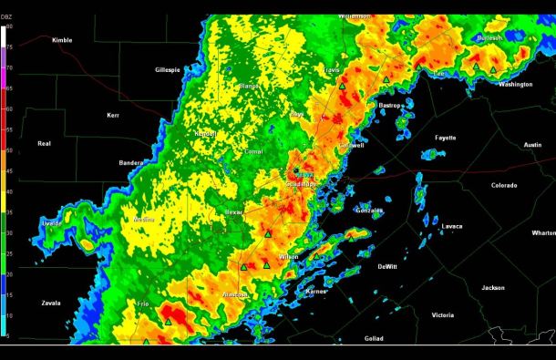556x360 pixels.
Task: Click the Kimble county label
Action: click(62, 40)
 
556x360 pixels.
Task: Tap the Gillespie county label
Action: click(168, 69)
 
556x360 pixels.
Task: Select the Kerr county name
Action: click(113, 116)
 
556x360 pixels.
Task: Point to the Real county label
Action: click(44, 143)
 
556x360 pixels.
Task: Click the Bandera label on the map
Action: click(131, 163)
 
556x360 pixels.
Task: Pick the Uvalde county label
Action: click(52, 222)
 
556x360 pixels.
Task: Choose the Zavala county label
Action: click(51, 303)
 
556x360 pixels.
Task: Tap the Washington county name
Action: click(515, 84)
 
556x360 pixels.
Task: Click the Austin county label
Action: click(532, 145)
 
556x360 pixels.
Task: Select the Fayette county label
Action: click(445, 137)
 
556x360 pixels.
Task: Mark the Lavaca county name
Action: click(452, 226)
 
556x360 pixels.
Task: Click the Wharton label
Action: click(543, 233)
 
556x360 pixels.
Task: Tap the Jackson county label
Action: click(493, 287)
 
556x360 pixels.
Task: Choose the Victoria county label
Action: click(443, 315)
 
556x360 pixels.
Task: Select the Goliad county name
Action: click(374, 339)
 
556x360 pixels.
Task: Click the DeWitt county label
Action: click(387, 267)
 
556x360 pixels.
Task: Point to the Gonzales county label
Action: click(369, 211)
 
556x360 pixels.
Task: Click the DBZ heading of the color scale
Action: click(8, 19)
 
